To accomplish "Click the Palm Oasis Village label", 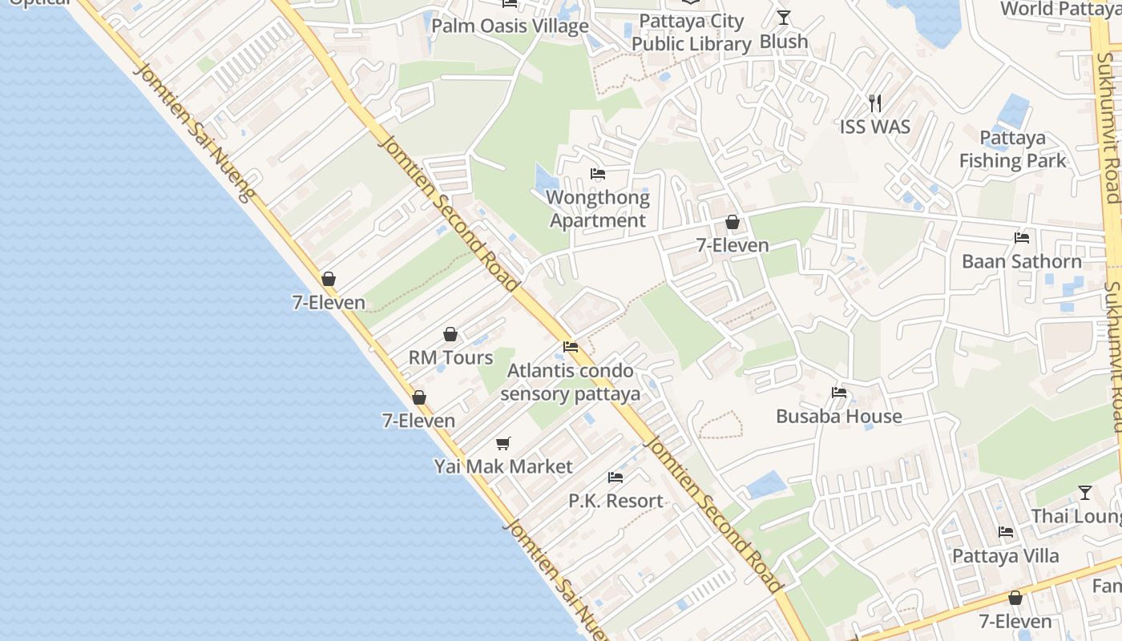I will pyautogui.click(x=510, y=26).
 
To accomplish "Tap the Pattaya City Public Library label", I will pyautogui.click(x=691, y=33).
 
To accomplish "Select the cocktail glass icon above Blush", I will pyautogui.click(x=784, y=18).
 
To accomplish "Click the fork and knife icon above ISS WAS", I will pyautogui.click(x=875, y=103).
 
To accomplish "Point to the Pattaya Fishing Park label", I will pyautogui.click(x=1013, y=149).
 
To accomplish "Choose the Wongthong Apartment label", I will pyautogui.click(x=598, y=208).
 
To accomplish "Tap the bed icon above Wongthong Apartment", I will pyautogui.click(x=598, y=174).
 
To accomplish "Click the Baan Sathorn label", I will pyautogui.click(x=1022, y=261).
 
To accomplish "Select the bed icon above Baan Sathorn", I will pyautogui.click(x=1022, y=238).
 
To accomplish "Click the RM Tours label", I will pyautogui.click(x=451, y=357).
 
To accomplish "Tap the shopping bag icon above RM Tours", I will pyautogui.click(x=450, y=334).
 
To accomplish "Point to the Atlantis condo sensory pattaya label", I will pyautogui.click(x=571, y=382).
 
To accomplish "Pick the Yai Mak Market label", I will pyautogui.click(x=503, y=466).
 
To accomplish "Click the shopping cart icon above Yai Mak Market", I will pyautogui.click(x=503, y=443).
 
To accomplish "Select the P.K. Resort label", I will pyautogui.click(x=615, y=501).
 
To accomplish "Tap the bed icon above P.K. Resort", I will pyautogui.click(x=615, y=478).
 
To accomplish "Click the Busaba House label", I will pyautogui.click(x=839, y=416).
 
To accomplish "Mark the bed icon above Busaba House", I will pyautogui.click(x=839, y=393).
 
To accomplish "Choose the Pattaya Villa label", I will pyautogui.click(x=1005, y=555).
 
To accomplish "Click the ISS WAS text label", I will pyautogui.click(x=875, y=127).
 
